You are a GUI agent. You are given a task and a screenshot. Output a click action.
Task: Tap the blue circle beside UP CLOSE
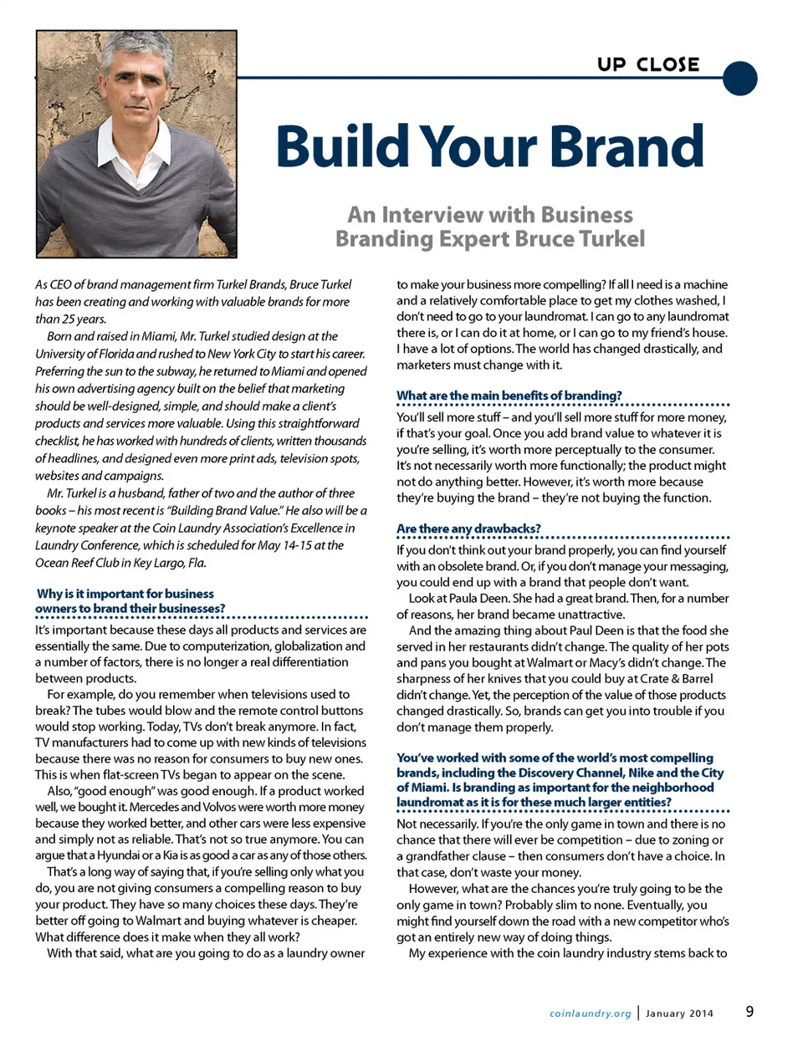[739, 78]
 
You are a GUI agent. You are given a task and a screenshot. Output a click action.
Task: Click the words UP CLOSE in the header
[648, 64]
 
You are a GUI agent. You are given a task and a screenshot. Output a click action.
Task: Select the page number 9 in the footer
[749, 1012]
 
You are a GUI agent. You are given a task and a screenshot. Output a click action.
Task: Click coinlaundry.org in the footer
[591, 1013]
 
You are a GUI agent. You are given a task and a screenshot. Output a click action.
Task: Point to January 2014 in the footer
[680, 1013]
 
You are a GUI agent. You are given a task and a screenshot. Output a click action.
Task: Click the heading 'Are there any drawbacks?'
[468, 528]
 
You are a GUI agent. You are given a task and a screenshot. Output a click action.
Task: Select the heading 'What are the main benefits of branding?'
[509, 395]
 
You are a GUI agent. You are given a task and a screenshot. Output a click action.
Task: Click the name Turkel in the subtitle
[605, 239]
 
